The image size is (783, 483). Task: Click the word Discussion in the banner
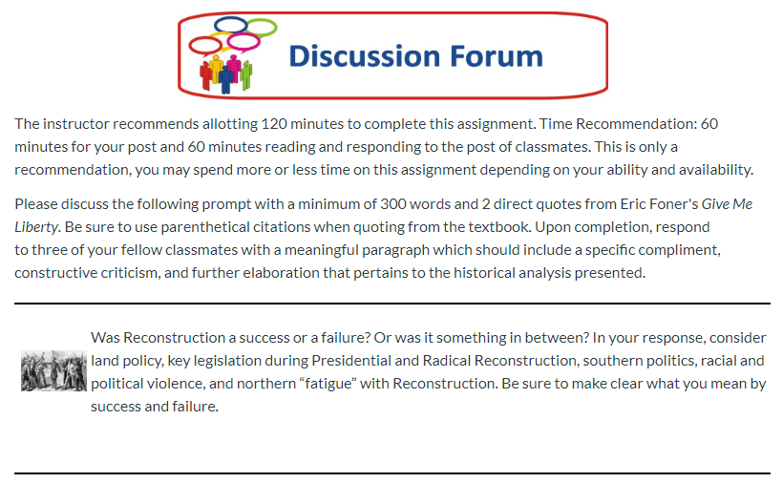point(365,56)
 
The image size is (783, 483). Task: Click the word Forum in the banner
point(497,56)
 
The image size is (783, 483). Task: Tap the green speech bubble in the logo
point(263,28)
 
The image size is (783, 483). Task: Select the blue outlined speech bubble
point(231,25)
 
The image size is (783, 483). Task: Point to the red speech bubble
point(204,46)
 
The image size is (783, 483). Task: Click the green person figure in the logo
point(246,74)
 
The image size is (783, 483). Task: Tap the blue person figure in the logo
point(225,80)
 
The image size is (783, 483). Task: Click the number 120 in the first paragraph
point(274,124)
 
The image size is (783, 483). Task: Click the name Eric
point(632,204)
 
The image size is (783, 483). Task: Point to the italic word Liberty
point(36,227)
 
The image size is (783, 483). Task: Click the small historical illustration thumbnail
point(53,370)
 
